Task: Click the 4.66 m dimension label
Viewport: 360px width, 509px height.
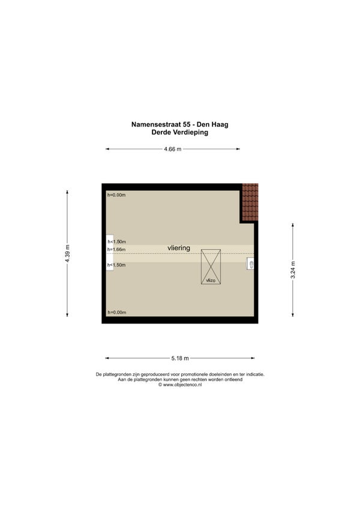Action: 173,149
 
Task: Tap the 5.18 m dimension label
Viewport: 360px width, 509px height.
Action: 180,358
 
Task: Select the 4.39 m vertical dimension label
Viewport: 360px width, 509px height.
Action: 67,253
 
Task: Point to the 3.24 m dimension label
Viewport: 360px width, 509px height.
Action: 293,270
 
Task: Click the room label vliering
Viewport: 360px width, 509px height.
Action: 179,248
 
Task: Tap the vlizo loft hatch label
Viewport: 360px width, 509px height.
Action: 211,280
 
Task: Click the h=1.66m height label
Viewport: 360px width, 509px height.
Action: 116,249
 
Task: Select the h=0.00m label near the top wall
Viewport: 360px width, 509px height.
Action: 116,194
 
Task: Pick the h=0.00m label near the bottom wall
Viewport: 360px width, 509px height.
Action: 117,312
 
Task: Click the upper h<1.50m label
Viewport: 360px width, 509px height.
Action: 116,241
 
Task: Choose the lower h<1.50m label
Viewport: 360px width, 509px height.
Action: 116,265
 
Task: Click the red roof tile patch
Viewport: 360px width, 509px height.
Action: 250,202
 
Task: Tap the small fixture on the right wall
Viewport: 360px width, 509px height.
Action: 250,264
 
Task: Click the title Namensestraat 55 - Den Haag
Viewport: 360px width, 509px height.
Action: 180,124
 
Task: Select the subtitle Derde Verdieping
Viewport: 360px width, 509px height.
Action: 180,132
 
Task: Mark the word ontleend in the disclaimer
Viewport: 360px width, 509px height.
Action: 234,379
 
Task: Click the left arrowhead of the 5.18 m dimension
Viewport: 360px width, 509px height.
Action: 107,358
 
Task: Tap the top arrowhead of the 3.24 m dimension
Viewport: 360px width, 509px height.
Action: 293,224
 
